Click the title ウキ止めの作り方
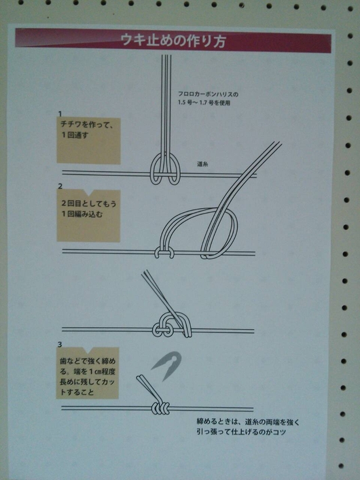(x=173, y=41)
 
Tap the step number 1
(x=60, y=114)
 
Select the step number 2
(x=60, y=186)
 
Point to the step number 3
(x=60, y=345)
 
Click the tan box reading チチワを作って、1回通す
(x=88, y=141)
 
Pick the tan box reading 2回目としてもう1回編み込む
(x=88, y=216)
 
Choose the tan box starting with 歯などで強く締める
(x=87, y=373)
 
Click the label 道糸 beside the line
(x=202, y=164)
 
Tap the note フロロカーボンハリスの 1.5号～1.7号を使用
(x=209, y=99)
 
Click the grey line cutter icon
(x=167, y=366)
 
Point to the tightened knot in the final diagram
(x=160, y=408)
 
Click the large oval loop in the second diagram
(x=200, y=233)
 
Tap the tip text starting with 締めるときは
(x=248, y=427)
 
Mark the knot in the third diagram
(x=172, y=326)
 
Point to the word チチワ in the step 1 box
(x=71, y=124)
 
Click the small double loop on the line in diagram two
(x=164, y=252)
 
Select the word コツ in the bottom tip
(x=280, y=432)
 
